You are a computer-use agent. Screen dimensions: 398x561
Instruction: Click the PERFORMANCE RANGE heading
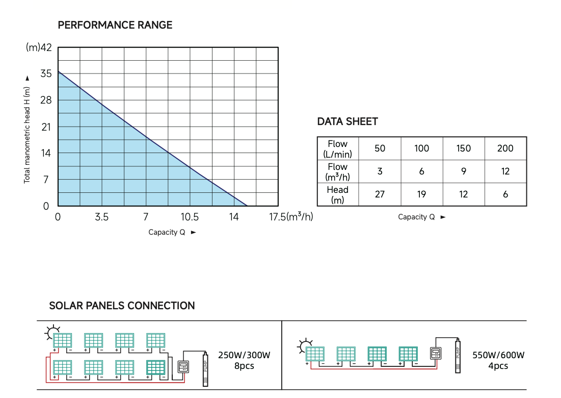[x=115, y=25]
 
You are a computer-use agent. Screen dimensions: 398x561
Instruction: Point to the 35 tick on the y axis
[x=46, y=74]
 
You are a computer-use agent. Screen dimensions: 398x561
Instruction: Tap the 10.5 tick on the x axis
[x=190, y=217]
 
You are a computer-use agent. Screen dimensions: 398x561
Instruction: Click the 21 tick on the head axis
[x=46, y=127]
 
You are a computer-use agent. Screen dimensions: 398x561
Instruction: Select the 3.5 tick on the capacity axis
[x=102, y=217]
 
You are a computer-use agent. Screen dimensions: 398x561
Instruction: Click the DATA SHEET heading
[x=348, y=121]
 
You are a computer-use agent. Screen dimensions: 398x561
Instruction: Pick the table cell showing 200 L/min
[x=505, y=148]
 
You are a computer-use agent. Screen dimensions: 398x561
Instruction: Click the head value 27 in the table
[x=380, y=194]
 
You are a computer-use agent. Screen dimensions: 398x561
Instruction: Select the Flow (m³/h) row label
[x=337, y=171]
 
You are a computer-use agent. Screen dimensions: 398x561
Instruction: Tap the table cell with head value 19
[x=421, y=194]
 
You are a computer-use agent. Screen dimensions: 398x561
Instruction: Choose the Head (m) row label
[x=337, y=194]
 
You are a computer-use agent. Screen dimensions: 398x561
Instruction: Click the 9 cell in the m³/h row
[x=463, y=171]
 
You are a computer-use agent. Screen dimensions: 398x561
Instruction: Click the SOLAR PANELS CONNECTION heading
[x=122, y=306]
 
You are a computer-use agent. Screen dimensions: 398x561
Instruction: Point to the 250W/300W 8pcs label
[x=244, y=360]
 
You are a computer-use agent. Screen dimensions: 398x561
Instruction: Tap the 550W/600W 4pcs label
[x=498, y=360]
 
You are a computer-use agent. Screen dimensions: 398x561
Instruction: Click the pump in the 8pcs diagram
[x=205, y=368]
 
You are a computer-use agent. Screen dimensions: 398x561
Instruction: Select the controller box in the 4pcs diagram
[x=435, y=353]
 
